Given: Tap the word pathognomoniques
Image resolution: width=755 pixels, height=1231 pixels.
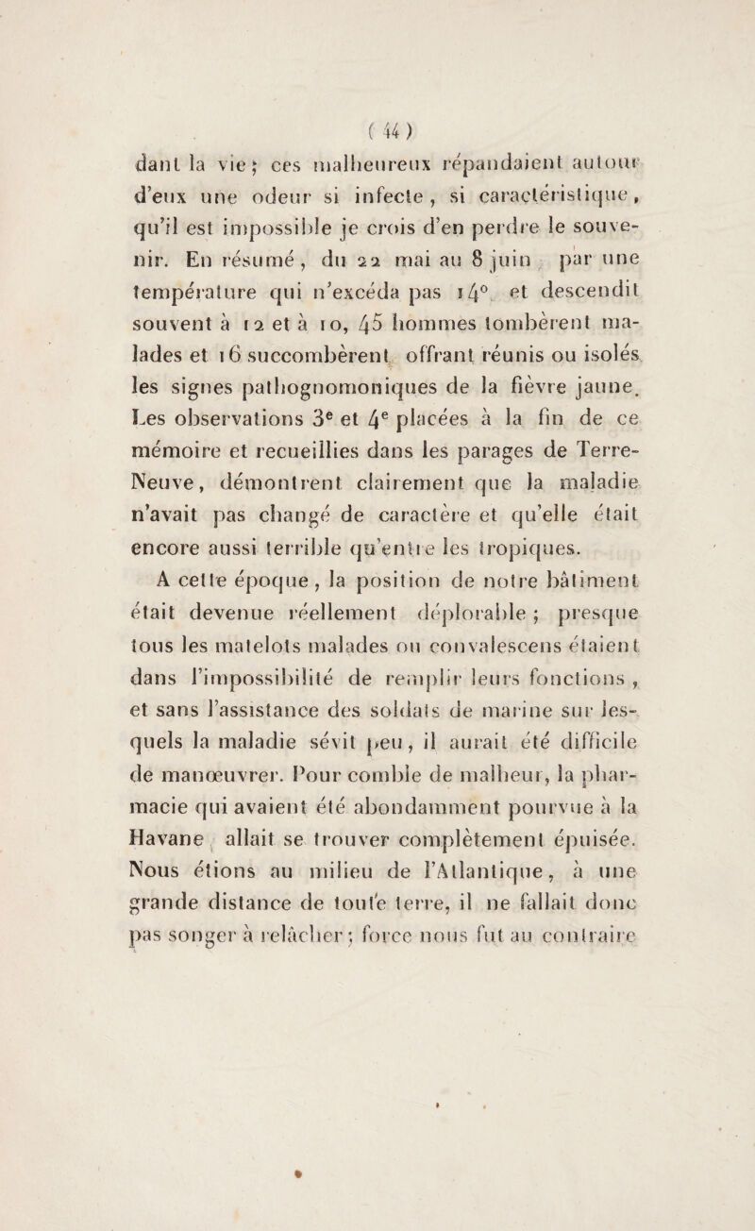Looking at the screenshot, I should point(356,436).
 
